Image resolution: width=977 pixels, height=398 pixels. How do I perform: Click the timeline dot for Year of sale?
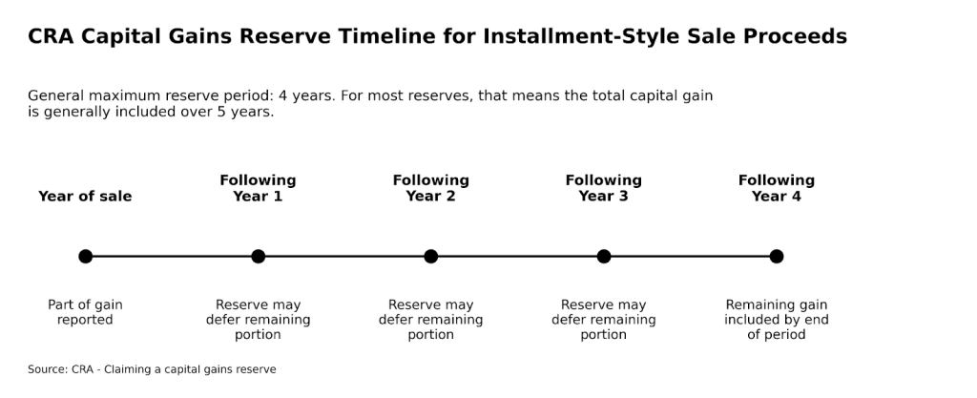pos(85,256)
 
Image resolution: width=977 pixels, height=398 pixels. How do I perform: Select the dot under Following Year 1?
pos(258,256)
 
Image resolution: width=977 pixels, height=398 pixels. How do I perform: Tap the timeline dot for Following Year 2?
pos(430,256)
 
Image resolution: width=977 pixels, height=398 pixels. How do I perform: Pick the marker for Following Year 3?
pos(604,256)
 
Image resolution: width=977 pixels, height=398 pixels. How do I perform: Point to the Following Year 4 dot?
pos(777,256)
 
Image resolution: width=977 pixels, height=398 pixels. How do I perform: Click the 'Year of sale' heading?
pos(85,197)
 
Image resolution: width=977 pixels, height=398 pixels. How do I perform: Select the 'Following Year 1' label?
pos(258,188)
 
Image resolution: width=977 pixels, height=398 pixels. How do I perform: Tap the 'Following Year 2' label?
pos(430,188)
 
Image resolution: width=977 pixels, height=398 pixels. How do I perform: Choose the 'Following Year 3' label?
pos(604,188)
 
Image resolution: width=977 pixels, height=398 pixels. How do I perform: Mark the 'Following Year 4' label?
pos(777,188)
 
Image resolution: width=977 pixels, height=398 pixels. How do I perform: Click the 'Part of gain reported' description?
pos(85,312)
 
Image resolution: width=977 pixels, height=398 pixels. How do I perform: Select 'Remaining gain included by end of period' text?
pos(777,320)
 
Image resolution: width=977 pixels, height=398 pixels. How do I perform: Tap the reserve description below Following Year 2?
pos(430,320)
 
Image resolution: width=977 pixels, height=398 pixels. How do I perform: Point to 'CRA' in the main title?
pos(52,36)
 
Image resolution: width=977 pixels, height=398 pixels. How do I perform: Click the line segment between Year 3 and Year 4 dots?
pos(690,256)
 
